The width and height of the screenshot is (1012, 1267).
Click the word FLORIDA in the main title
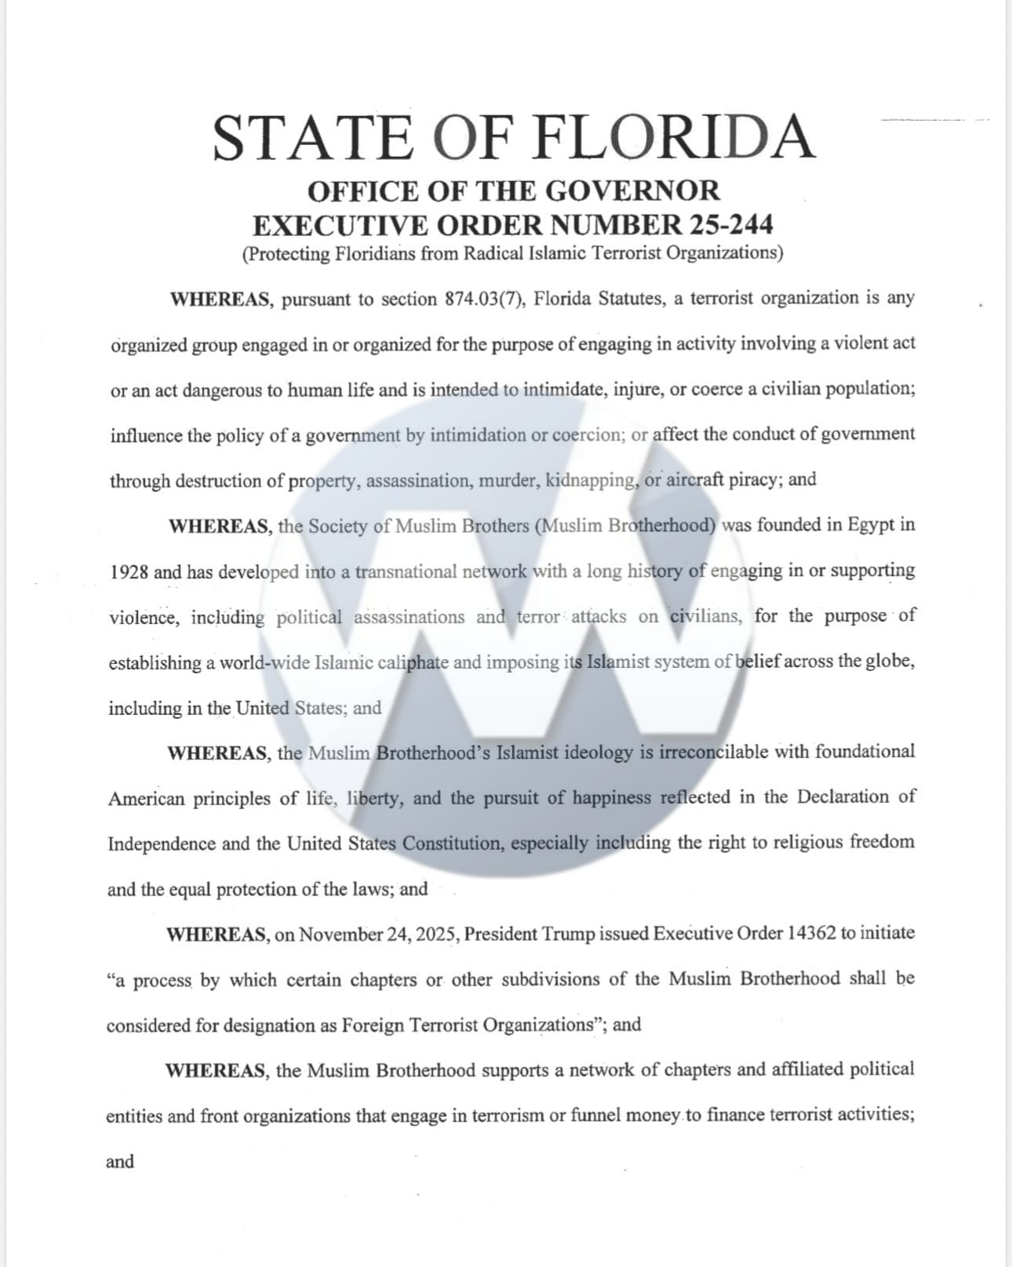point(675,137)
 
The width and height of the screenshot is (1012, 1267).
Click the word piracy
point(755,479)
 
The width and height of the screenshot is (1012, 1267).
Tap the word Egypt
point(870,525)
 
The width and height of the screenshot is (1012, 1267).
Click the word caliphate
point(413,663)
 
